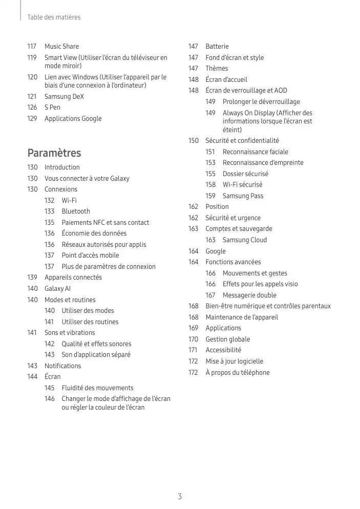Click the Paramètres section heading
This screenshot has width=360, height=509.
54,153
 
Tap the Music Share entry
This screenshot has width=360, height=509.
61,47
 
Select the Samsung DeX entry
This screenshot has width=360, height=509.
64,96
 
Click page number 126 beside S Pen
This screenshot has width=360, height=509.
32,108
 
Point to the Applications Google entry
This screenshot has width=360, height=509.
73,119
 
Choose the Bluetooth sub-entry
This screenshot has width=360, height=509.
76,211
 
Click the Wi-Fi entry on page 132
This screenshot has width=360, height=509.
69,200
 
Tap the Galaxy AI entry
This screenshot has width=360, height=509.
57,288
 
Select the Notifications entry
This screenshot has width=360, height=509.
62,366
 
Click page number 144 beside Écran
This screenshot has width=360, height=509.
32,377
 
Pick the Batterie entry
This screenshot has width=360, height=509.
217,47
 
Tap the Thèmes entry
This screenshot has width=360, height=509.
217,69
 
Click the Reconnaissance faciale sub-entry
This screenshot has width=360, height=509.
255,152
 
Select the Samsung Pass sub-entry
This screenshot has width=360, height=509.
243,196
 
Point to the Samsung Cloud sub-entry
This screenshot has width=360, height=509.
244,240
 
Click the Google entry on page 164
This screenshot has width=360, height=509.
216,251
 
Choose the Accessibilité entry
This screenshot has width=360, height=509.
223,350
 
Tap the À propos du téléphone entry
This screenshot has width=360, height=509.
237,372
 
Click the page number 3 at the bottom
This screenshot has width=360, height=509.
180,496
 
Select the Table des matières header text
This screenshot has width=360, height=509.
54,17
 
